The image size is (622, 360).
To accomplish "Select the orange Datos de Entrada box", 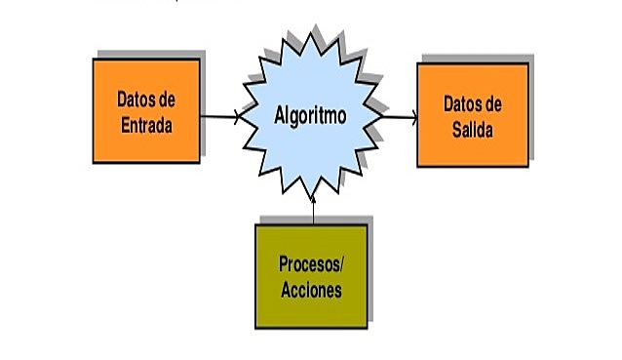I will click(146, 109).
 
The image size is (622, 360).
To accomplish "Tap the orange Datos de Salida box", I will click(473, 115).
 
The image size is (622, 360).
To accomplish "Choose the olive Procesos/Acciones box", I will click(311, 275).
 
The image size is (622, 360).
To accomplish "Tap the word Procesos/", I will click(311, 263).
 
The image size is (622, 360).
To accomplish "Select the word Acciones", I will click(311, 289).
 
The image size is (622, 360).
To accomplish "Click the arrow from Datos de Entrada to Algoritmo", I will click(219, 117).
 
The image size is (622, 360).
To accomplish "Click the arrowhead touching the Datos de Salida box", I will click(414, 118).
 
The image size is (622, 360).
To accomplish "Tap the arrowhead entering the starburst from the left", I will click(237, 117).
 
